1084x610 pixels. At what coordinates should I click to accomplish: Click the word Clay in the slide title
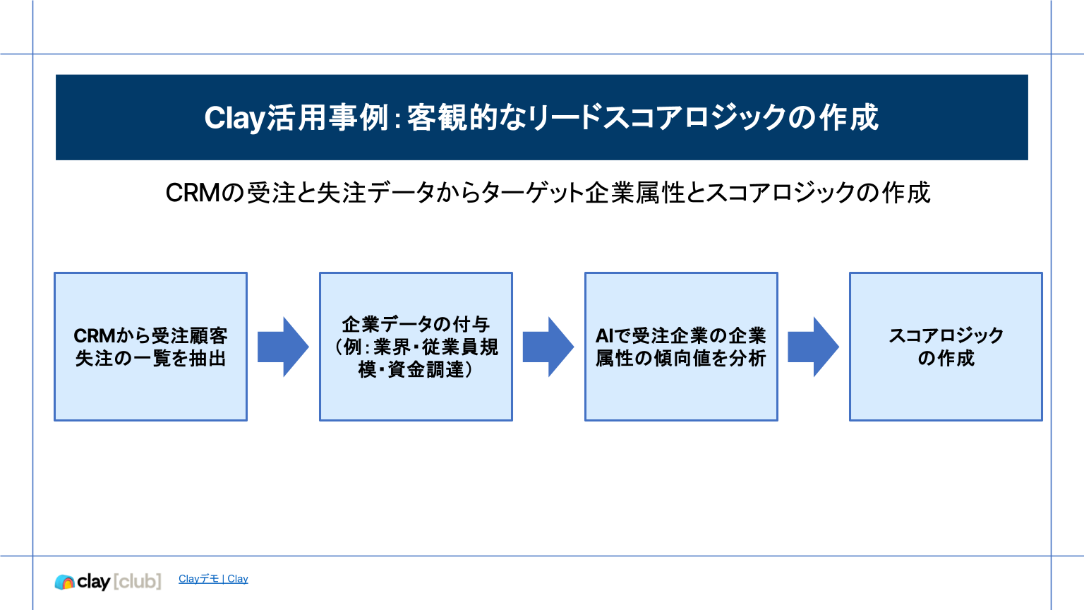[x=234, y=119]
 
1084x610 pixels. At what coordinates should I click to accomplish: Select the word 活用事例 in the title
[x=327, y=119]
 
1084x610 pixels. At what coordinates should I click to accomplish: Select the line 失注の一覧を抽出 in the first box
[x=150, y=359]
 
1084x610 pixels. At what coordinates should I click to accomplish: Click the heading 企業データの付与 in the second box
[x=416, y=325]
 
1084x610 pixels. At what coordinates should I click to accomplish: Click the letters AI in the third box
[x=604, y=336]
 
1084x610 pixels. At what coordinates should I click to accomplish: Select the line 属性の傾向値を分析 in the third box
[x=681, y=359]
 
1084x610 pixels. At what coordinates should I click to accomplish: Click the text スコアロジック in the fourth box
[x=946, y=336]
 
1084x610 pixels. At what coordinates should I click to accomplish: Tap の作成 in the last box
[x=946, y=359]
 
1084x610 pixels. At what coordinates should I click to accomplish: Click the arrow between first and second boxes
[x=283, y=347]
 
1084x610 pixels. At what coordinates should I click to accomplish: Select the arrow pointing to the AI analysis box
[x=548, y=347]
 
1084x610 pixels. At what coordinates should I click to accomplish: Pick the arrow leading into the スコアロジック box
[x=813, y=347]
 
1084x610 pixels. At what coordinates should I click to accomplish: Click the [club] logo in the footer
[x=138, y=581]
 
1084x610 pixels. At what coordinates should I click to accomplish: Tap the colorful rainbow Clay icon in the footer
[x=65, y=582]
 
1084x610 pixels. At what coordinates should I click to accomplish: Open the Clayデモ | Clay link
[x=213, y=579]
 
